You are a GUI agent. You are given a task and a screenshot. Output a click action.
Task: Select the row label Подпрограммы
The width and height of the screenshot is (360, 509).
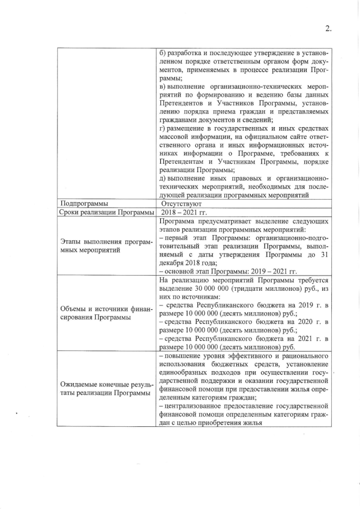pos(84,204)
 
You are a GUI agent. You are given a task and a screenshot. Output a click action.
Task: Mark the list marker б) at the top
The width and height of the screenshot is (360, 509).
pos(164,53)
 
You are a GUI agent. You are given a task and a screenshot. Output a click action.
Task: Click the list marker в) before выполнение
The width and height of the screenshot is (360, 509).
pos(163,87)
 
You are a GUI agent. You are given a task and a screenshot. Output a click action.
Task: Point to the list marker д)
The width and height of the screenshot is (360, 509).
pos(164,179)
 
